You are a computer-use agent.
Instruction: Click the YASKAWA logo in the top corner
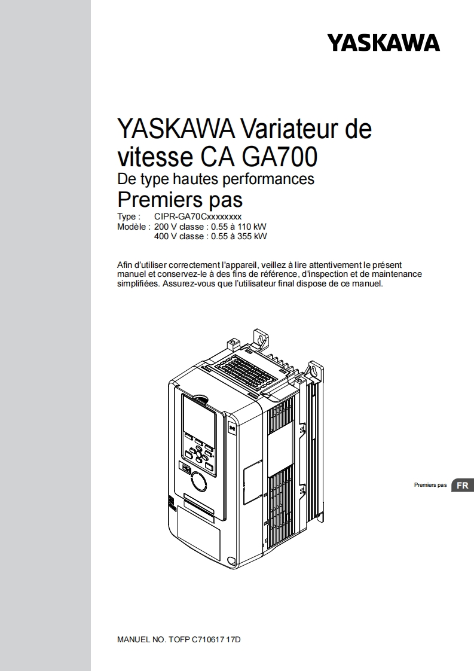[x=383, y=43]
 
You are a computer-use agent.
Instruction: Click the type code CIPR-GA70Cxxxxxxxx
[x=198, y=216]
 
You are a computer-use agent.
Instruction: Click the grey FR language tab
[x=462, y=485]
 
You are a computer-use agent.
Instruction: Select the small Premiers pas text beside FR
[x=430, y=485]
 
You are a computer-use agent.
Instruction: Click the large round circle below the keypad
[x=197, y=481]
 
